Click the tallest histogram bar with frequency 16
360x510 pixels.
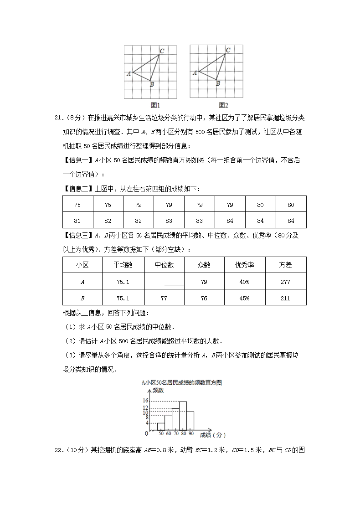click(183, 416)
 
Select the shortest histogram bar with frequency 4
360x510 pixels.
click(160, 426)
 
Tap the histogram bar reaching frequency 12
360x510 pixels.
click(175, 419)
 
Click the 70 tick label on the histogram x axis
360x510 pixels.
click(176, 433)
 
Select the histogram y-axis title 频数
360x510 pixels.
click(158, 391)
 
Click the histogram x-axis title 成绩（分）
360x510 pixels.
click(212, 435)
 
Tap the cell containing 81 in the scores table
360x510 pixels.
click(77, 221)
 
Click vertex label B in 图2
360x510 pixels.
click(218, 83)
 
